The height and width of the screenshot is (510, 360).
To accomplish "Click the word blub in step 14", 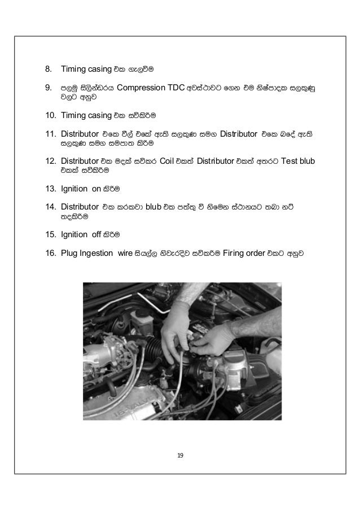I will click(153, 206).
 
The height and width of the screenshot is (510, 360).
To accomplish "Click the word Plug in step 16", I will click(69, 252).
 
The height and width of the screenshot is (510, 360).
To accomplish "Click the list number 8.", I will click(49, 69).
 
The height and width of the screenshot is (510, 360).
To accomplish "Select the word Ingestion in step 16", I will click(96, 252).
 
